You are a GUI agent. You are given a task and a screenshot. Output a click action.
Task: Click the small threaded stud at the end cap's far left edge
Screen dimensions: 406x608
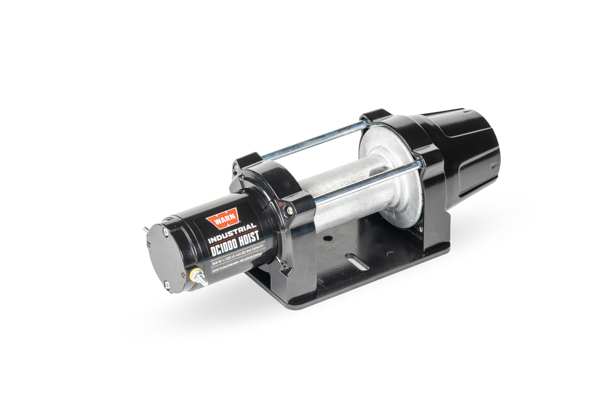coord(145,229)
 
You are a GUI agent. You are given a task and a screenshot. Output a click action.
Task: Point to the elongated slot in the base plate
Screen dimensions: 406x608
coord(357,262)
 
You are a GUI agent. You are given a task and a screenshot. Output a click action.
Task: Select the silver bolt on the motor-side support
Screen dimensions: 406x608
coord(289,211)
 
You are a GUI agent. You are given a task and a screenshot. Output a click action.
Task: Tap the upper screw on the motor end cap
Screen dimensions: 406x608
coord(165,232)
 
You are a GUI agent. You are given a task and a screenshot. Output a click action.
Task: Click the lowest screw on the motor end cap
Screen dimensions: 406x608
coord(167,285)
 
